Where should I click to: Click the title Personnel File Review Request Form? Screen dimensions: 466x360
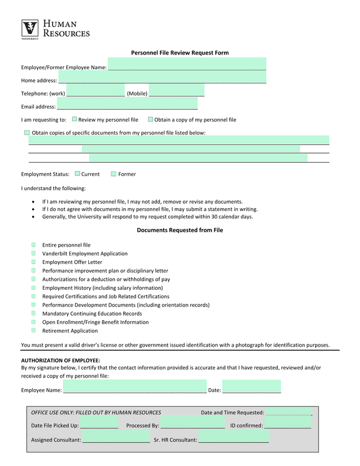(x=179, y=53)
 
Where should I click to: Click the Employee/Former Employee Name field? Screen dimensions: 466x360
(x=187, y=64)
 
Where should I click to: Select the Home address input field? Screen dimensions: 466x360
(x=162, y=77)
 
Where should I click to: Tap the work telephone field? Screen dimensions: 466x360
(x=96, y=91)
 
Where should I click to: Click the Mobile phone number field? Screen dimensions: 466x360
(x=177, y=91)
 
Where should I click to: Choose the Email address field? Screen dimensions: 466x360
(x=127, y=104)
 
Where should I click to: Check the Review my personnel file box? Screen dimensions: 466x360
(x=75, y=119)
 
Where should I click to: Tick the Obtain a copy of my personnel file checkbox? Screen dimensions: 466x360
(x=150, y=119)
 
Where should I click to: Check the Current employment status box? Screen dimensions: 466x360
(x=78, y=174)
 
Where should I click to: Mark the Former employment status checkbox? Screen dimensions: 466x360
(x=114, y=174)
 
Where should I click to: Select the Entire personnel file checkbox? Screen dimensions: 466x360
(x=34, y=245)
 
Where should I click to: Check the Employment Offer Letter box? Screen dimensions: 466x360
(x=34, y=262)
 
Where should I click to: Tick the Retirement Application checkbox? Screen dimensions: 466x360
(x=34, y=330)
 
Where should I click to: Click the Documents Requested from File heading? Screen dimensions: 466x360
(x=179, y=230)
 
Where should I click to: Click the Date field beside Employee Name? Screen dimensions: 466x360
(x=251, y=387)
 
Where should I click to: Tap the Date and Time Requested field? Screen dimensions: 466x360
(x=288, y=412)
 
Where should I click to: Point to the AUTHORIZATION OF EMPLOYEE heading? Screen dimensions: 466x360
(x=61, y=360)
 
